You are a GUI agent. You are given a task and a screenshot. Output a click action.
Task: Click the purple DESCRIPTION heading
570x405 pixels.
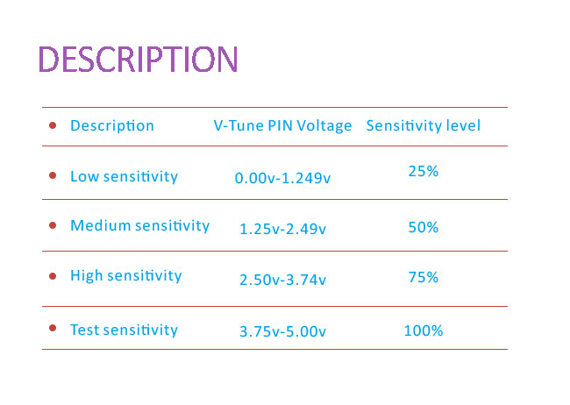[x=139, y=59]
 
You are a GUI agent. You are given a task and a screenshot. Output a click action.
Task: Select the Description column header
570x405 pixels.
[x=112, y=125]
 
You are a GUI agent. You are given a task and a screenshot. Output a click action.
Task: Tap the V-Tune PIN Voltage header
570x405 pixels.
[x=282, y=125]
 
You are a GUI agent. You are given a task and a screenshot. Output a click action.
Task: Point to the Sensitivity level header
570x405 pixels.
[x=424, y=125]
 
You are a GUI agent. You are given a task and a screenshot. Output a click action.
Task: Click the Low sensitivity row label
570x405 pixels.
[x=124, y=177]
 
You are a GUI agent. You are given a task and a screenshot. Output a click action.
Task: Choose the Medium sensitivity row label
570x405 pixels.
[x=140, y=226]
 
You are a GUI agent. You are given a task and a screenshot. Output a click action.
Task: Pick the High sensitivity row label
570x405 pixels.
[x=125, y=276]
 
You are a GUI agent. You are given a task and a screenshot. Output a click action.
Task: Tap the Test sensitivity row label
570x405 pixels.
[x=124, y=330]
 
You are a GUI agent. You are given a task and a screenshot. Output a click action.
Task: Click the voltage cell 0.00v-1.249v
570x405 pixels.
[x=282, y=178]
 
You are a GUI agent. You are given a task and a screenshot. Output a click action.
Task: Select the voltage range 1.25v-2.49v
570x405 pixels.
[x=282, y=229]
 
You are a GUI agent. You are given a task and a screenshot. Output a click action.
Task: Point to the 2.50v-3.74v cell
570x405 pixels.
[x=282, y=280]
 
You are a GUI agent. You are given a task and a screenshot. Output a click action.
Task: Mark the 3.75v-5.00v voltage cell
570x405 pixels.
[x=282, y=331]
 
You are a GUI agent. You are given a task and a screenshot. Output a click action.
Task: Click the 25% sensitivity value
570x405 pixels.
[x=424, y=171]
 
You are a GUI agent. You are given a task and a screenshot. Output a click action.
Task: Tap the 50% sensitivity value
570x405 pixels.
[x=424, y=228]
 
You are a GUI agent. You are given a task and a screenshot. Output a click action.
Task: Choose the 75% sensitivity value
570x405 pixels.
[x=424, y=278]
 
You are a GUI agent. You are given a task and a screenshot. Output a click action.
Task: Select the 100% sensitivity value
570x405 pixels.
[x=424, y=330]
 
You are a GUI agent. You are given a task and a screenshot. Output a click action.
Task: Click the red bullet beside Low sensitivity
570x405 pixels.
[x=53, y=175]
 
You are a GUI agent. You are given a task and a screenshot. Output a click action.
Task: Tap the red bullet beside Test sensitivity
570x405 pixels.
[x=53, y=328]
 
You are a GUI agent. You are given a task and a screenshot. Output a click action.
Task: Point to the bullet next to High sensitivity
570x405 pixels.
[x=53, y=276]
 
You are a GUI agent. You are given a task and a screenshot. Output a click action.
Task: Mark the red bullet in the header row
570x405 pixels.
[x=53, y=125]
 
